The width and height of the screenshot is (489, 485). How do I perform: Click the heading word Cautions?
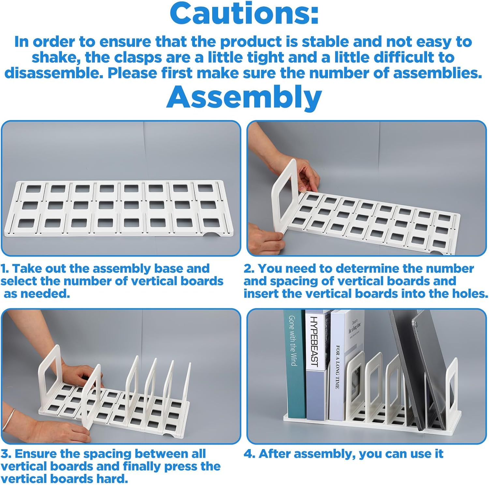pyautogui.click(x=244, y=14)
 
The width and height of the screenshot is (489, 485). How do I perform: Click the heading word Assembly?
pyautogui.click(x=244, y=97)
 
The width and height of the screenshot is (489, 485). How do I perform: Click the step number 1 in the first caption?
pyautogui.click(x=4, y=269)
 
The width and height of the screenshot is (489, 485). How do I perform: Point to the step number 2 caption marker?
pyautogui.click(x=249, y=269)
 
